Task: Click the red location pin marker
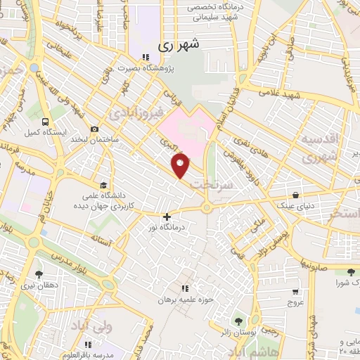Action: coord(181,165)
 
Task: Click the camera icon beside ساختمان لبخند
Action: coord(94,129)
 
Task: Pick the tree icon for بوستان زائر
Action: coord(236,321)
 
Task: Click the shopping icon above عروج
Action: coord(295,290)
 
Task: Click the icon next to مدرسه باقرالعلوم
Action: coord(89,345)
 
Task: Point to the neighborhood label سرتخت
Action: coord(227,183)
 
